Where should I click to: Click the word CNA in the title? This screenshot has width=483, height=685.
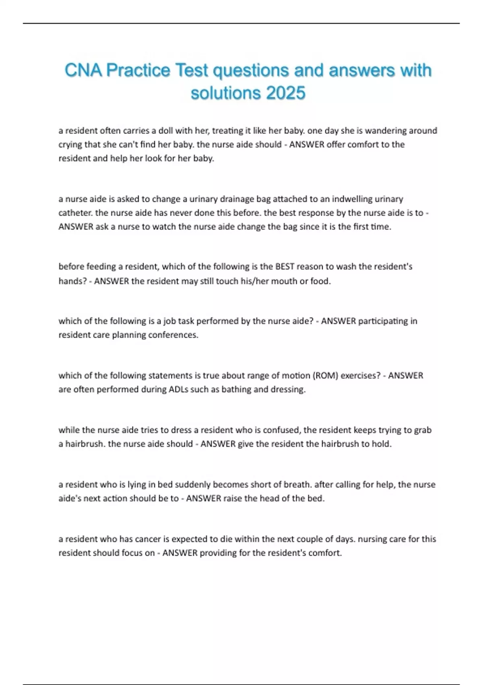(x=83, y=71)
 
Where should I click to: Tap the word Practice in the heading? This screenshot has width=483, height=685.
(x=138, y=71)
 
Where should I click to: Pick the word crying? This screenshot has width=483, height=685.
(x=70, y=144)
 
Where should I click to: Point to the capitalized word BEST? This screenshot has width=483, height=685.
(x=285, y=266)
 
